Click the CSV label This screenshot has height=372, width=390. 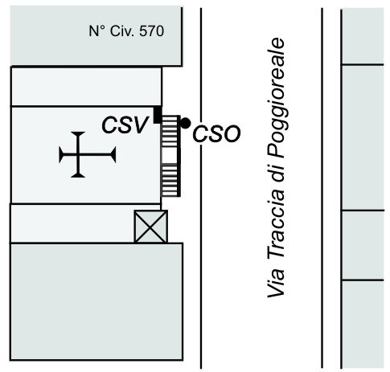click(125, 125)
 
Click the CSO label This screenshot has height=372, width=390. click(216, 133)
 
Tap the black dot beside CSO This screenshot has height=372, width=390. click(185, 123)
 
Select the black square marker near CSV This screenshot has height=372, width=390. click(158, 115)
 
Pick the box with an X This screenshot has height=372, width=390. click(151, 227)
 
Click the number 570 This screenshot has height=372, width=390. click(151, 31)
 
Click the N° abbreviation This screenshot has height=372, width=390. click(97, 31)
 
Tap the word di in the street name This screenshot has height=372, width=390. click(276, 174)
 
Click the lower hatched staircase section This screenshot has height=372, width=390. click(170, 180)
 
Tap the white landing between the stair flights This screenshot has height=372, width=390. click(170, 155)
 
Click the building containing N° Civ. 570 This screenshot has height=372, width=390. click(96, 36)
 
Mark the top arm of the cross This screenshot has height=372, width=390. click(78, 143)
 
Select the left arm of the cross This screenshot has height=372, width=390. click(68, 154)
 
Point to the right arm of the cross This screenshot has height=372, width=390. click(97, 154)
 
